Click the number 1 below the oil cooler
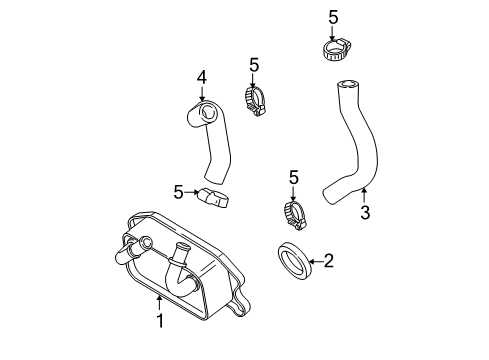[158, 321]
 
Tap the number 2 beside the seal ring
[327, 262]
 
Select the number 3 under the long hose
[365, 212]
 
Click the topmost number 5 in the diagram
[332, 16]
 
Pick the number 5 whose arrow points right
[178, 190]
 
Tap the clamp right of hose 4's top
[257, 98]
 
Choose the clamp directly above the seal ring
[293, 212]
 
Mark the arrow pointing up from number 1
[158, 303]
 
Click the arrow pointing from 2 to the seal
[314, 262]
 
